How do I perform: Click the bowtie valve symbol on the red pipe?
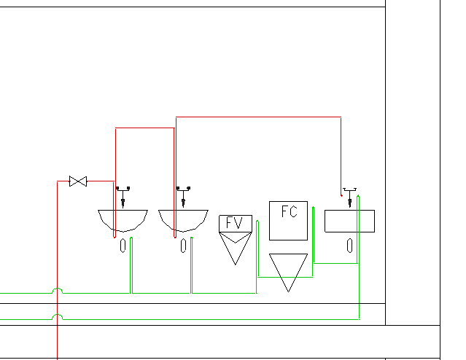78,181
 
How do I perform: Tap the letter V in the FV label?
238,222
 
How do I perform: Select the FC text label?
290,212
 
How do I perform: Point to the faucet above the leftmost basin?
123,197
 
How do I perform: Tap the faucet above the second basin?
183,197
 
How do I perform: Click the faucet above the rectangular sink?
350,197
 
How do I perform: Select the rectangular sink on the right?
349,221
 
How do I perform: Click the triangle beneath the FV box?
236,249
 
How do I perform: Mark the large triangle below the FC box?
288,273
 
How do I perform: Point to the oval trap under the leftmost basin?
123,246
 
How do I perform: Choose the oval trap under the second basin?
183,246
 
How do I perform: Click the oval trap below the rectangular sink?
350,246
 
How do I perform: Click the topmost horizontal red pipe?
258,117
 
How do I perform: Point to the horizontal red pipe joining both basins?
144,128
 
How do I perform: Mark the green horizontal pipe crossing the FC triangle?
285,277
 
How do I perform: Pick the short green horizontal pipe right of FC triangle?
335,263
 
